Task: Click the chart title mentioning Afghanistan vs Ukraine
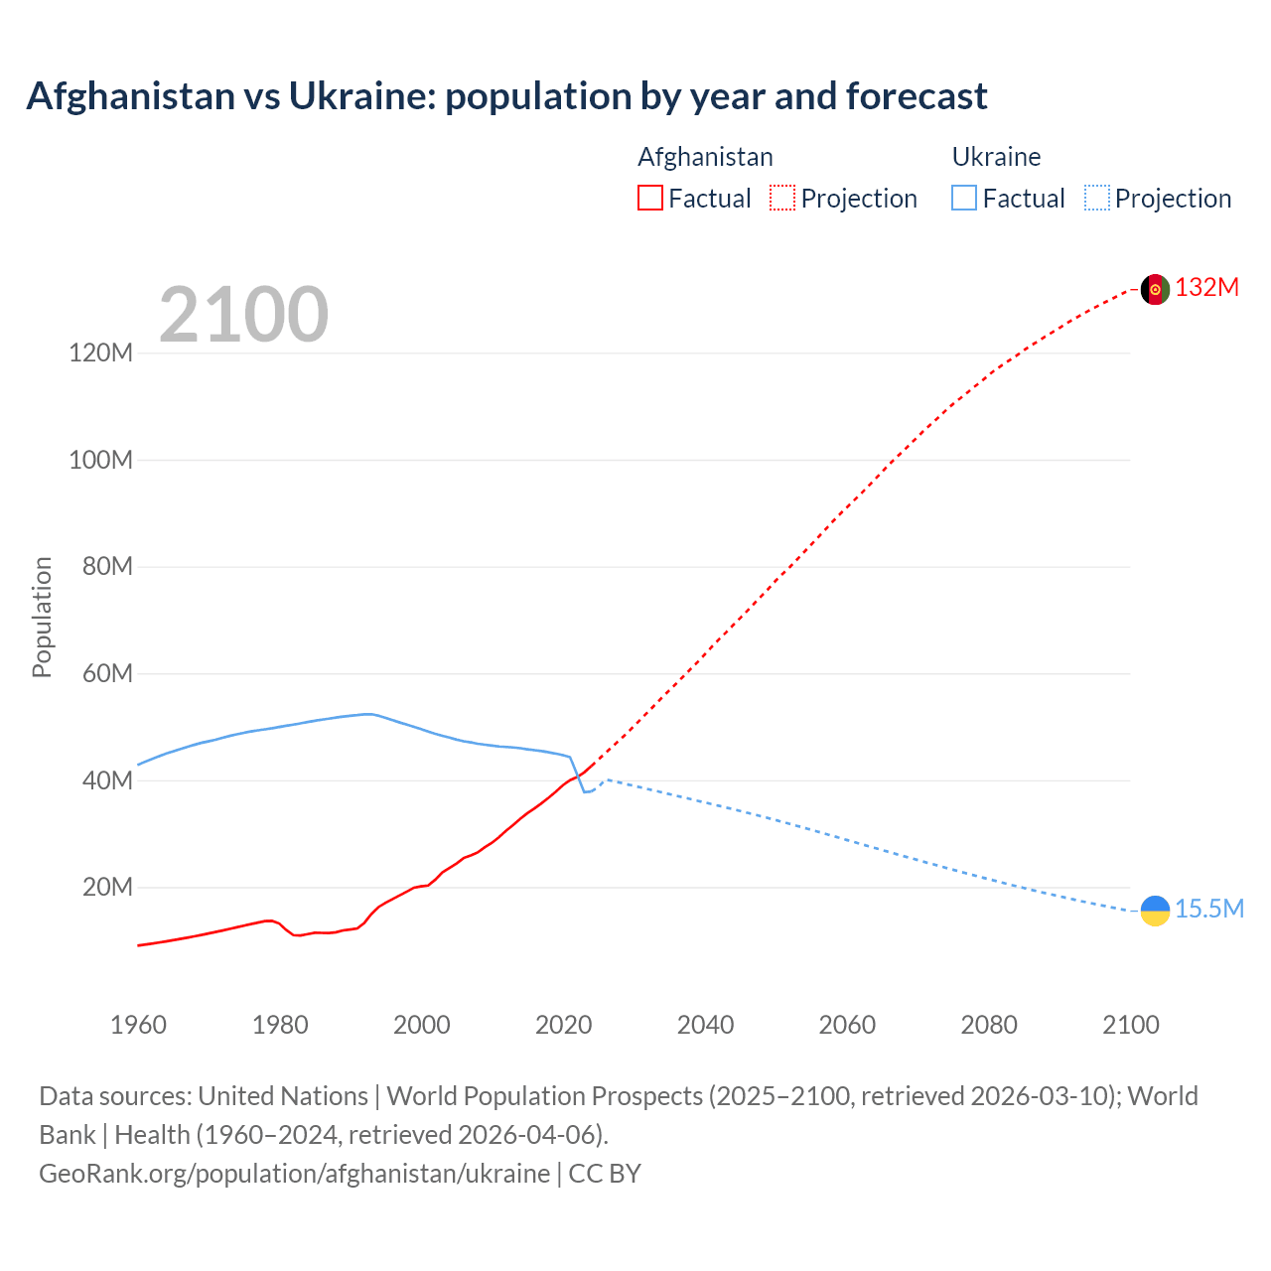(x=506, y=96)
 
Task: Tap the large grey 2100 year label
(x=243, y=315)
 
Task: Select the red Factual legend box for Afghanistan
(x=649, y=198)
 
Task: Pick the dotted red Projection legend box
(x=782, y=198)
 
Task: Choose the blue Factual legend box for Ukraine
(x=963, y=198)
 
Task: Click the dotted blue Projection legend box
(x=1096, y=198)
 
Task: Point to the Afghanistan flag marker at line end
(x=1155, y=289)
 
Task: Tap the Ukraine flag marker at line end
(x=1155, y=910)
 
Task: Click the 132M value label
(x=1206, y=288)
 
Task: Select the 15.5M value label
(x=1208, y=909)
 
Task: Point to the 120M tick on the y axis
(x=100, y=353)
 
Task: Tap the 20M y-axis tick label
(x=106, y=887)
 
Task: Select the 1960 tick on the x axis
(x=138, y=1025)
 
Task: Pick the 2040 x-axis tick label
(x=705, y=1025)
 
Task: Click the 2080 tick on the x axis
(x=989, y=1025)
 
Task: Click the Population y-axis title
(x=42, y=617)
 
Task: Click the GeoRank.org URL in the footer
(x=294, y=1174)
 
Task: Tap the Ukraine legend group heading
(x=996, y=157)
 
